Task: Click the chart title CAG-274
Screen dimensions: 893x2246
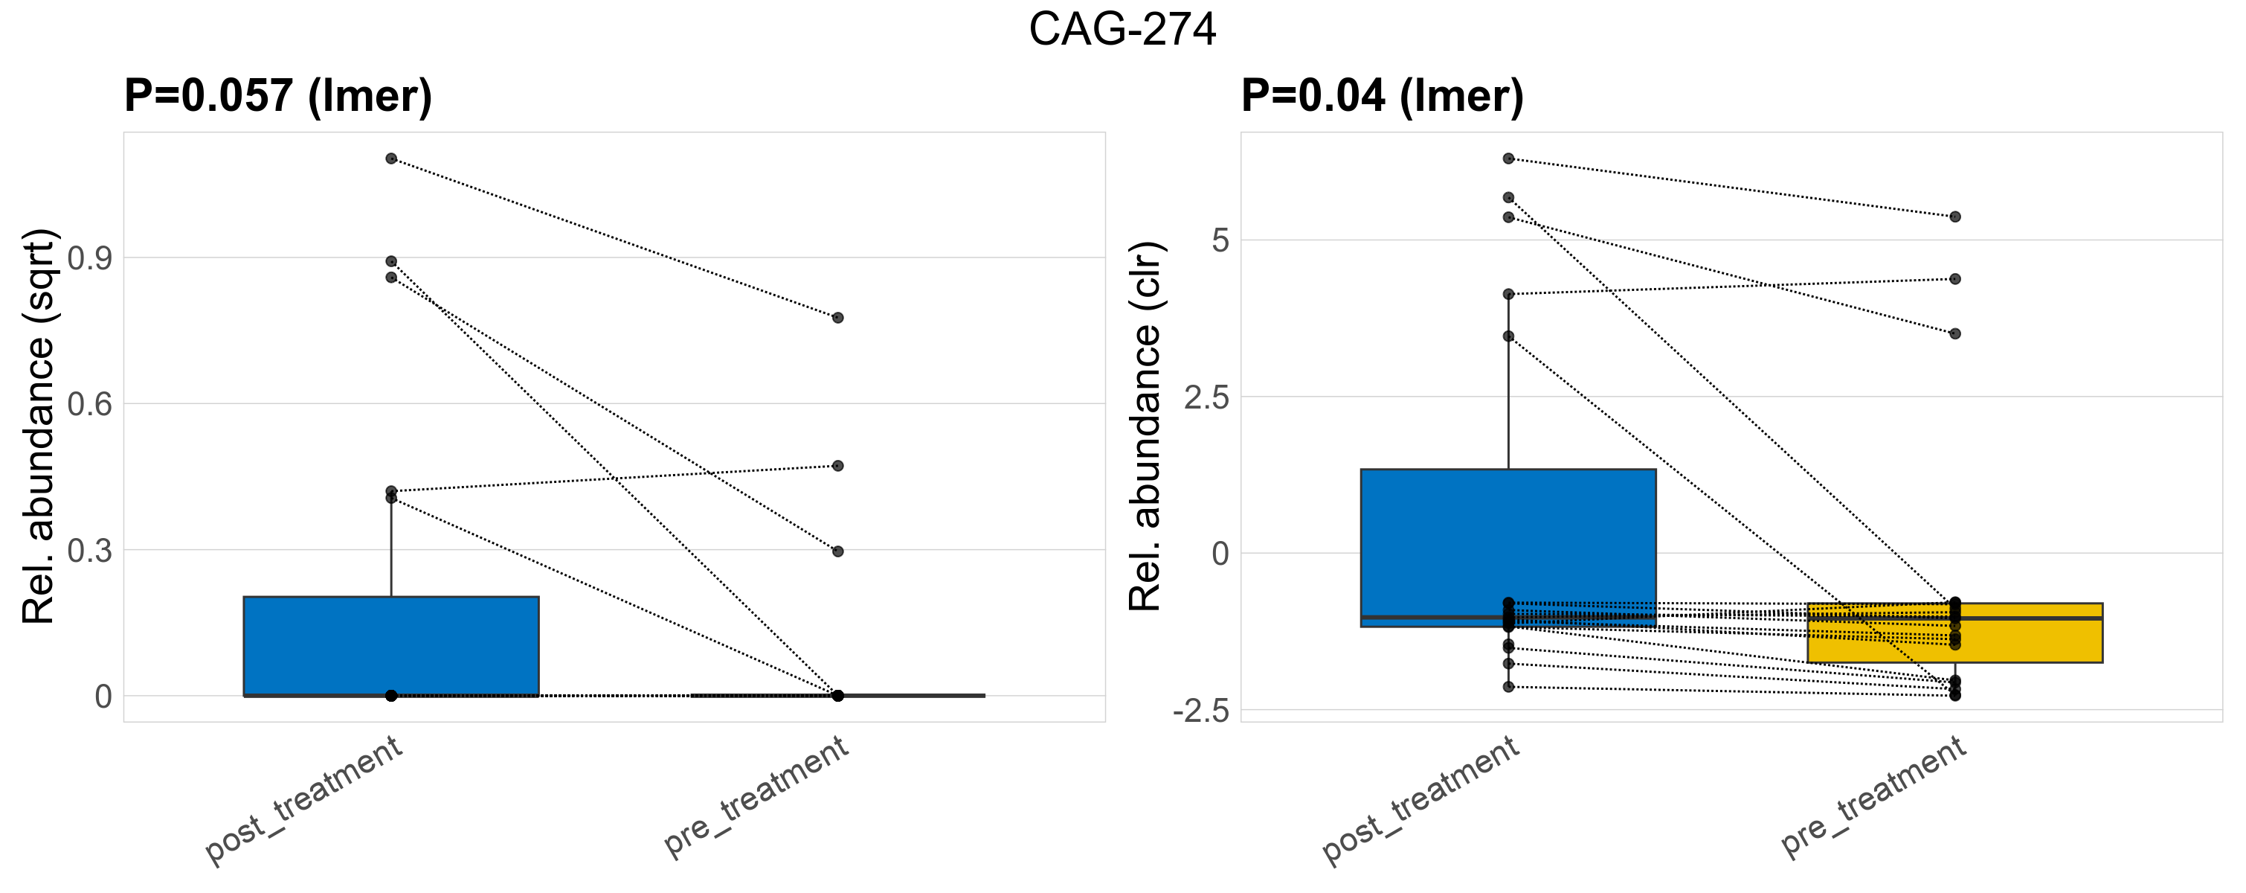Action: [x=1122, y=30]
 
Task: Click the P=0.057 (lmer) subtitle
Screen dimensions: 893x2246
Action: [x=278, y=95]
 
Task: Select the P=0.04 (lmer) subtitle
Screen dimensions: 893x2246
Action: [x=1382, y=95]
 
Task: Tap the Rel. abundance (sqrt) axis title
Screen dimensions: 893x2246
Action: [x=39, y=426]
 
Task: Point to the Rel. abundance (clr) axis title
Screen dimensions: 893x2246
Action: [x=1145, y=426]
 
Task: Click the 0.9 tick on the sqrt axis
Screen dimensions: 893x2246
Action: [x=90, y=258]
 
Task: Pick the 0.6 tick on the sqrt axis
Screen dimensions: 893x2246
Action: [x=90, y=404]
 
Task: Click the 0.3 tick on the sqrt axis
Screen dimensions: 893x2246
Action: [x=90, y=550]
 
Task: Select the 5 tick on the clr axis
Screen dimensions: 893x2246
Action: [x=1220, y=240]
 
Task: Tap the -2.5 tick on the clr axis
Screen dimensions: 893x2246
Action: [x=1202, y=711]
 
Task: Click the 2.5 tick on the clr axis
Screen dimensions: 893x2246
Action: [x=1207, y=397]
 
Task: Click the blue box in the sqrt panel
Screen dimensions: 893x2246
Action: [x=390, y=645]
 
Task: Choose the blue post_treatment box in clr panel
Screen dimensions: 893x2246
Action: [x=1507, y=541]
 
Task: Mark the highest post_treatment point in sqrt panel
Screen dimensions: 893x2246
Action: [x=391, y=159]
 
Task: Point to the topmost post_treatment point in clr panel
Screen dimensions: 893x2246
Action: [x=1508, y=159]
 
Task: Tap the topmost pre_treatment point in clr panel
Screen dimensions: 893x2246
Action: [x=1956, y=217]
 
